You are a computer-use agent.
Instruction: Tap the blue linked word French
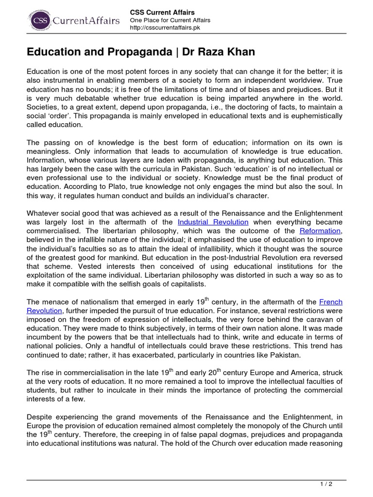331,301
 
